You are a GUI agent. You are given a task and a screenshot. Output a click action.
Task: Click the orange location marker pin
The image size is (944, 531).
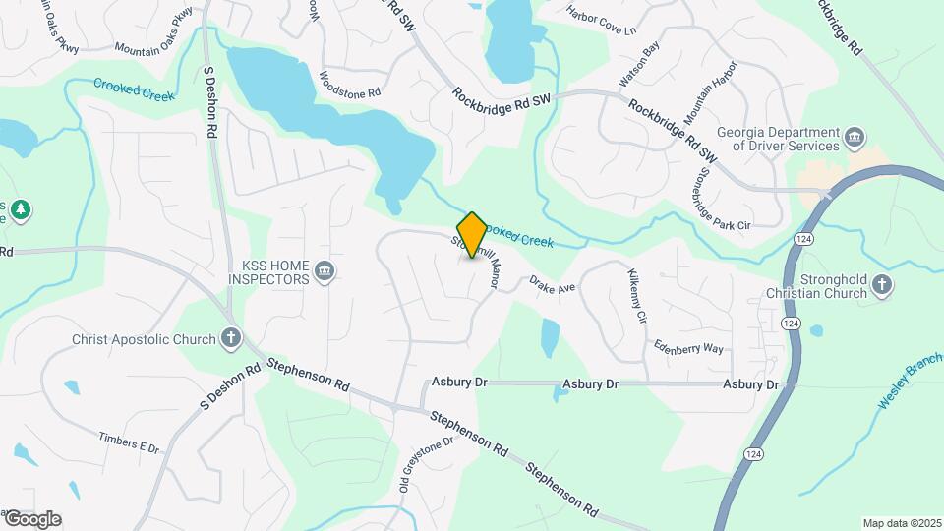tap(473, 235)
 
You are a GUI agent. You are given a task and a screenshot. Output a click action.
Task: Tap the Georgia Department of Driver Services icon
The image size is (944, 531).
tap(855, 136)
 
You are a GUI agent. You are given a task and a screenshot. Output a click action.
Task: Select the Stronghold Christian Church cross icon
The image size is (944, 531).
tap(882, 286)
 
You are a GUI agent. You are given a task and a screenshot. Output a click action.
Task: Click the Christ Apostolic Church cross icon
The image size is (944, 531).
tap(231, 339)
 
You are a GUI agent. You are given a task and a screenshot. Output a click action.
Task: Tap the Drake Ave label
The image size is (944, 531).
tap(552, 285)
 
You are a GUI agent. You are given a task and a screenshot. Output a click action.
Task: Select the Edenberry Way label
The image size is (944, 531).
tap(689, 347)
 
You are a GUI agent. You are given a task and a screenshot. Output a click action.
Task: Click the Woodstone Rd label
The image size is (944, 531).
tap(350, 85)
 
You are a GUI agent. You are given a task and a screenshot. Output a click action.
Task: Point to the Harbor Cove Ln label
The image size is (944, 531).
tap(602, 21)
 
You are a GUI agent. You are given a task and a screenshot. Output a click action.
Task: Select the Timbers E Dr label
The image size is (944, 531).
tap(129, 442)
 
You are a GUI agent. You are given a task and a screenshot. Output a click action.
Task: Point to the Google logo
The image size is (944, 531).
tap(32, 519)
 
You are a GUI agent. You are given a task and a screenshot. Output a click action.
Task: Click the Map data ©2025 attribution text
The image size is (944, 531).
tap(901, 523)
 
